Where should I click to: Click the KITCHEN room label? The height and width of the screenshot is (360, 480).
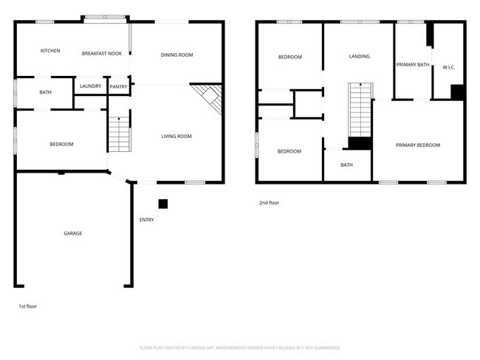point(50,51)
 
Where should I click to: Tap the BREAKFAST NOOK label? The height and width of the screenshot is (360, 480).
point(101,53)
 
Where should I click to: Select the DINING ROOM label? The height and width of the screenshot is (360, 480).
point(176,55)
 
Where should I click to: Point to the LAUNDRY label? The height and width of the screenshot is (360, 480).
point(90,86)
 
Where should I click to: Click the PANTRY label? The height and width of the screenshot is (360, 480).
point(118,87)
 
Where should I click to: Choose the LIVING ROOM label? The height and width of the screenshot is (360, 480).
point(176,136)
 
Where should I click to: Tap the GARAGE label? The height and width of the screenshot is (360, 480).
point(72,233)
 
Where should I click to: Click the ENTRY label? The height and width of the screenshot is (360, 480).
point(146,220)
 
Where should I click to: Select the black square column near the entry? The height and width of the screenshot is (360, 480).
point(163,204)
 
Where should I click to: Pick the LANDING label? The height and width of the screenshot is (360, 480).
point(359,56)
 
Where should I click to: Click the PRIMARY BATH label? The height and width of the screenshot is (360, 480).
point(413,65)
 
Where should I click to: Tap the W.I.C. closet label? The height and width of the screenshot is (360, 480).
point(448,67)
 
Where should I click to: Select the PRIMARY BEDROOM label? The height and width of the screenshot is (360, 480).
point(417,145)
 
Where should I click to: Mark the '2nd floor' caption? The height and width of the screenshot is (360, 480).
point(269,202)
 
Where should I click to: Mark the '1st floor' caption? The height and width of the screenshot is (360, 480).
point(27,305)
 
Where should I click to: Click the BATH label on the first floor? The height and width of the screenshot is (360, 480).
point(45,92)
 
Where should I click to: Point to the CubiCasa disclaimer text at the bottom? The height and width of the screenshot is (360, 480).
point(240,347)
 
